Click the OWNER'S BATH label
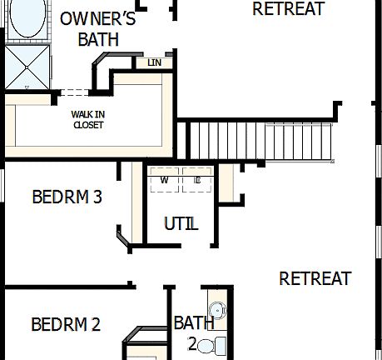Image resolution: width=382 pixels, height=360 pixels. click(x=97, y=29)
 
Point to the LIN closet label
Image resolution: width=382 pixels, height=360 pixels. click(x=154, y=62)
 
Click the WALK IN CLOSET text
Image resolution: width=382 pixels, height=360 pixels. click(x=87, y=120)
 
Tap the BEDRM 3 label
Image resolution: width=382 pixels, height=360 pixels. click(x=67, y=197)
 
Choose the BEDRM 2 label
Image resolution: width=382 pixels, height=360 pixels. click(x=66, y=324)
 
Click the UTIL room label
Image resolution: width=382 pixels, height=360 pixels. click(x=181, y=223)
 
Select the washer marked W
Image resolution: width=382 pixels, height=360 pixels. click(x=165, y=179)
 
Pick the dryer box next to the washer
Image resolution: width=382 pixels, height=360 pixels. click(x=197, y=179)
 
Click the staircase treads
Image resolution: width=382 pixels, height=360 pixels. click(x=258, y=141)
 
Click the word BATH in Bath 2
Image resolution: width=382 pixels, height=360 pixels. click(x=193, y=322)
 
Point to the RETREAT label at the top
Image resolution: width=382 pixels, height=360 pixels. click(x=288, y=9)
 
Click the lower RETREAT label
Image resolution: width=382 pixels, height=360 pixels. click(x=315, y=278)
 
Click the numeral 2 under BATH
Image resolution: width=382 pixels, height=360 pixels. click(x=191, y=343)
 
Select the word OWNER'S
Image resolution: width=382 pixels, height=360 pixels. click(x=97, y=19)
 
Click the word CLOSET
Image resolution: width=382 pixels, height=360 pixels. click(x=87, y=126)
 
